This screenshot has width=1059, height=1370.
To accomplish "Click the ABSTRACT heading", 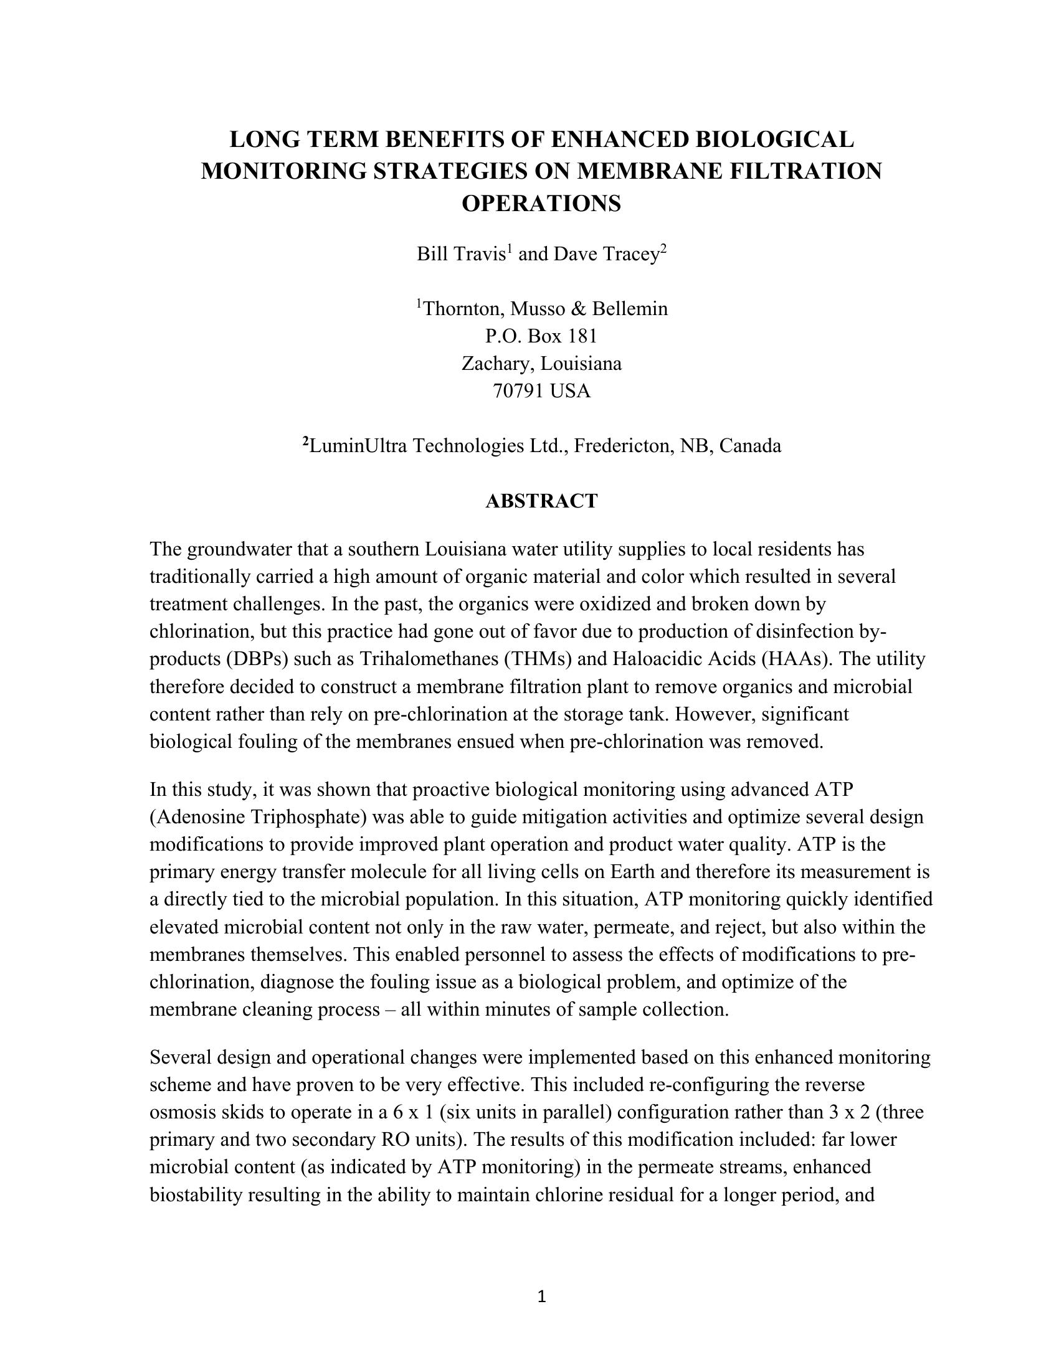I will point(541,501).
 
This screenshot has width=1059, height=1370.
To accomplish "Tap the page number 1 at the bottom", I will point(542,1297).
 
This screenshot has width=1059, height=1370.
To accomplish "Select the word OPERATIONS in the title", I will point(541,204).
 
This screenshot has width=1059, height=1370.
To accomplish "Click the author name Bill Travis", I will point(461,254).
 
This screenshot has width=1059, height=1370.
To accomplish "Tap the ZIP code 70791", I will point(518,392).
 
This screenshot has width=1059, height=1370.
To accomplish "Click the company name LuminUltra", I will point(358,446).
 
